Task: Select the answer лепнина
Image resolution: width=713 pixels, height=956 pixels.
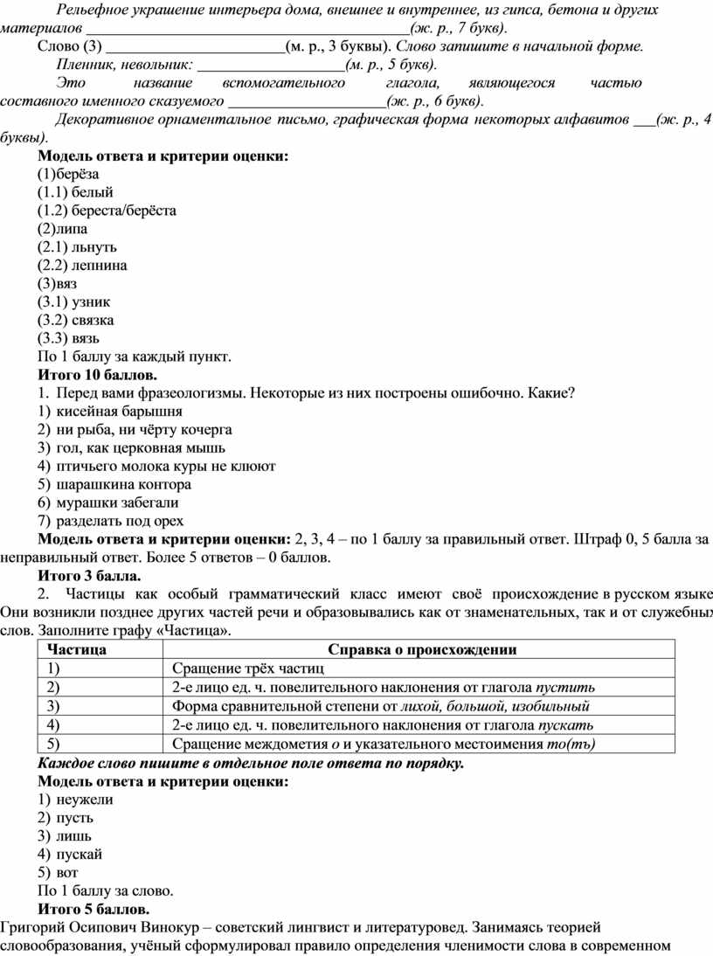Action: (100, 265)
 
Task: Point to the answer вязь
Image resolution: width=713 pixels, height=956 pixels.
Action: (90, 338)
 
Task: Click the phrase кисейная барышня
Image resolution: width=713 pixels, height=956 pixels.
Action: (119, 411)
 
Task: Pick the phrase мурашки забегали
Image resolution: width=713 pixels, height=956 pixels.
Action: (118, 502)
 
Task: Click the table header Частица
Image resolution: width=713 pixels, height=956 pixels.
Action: (77, 649)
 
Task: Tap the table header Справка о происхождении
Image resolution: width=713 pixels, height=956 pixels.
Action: (421, 649)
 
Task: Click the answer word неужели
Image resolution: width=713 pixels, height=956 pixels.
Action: (85, 799)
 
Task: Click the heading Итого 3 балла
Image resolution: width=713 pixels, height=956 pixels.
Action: (88, 575)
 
